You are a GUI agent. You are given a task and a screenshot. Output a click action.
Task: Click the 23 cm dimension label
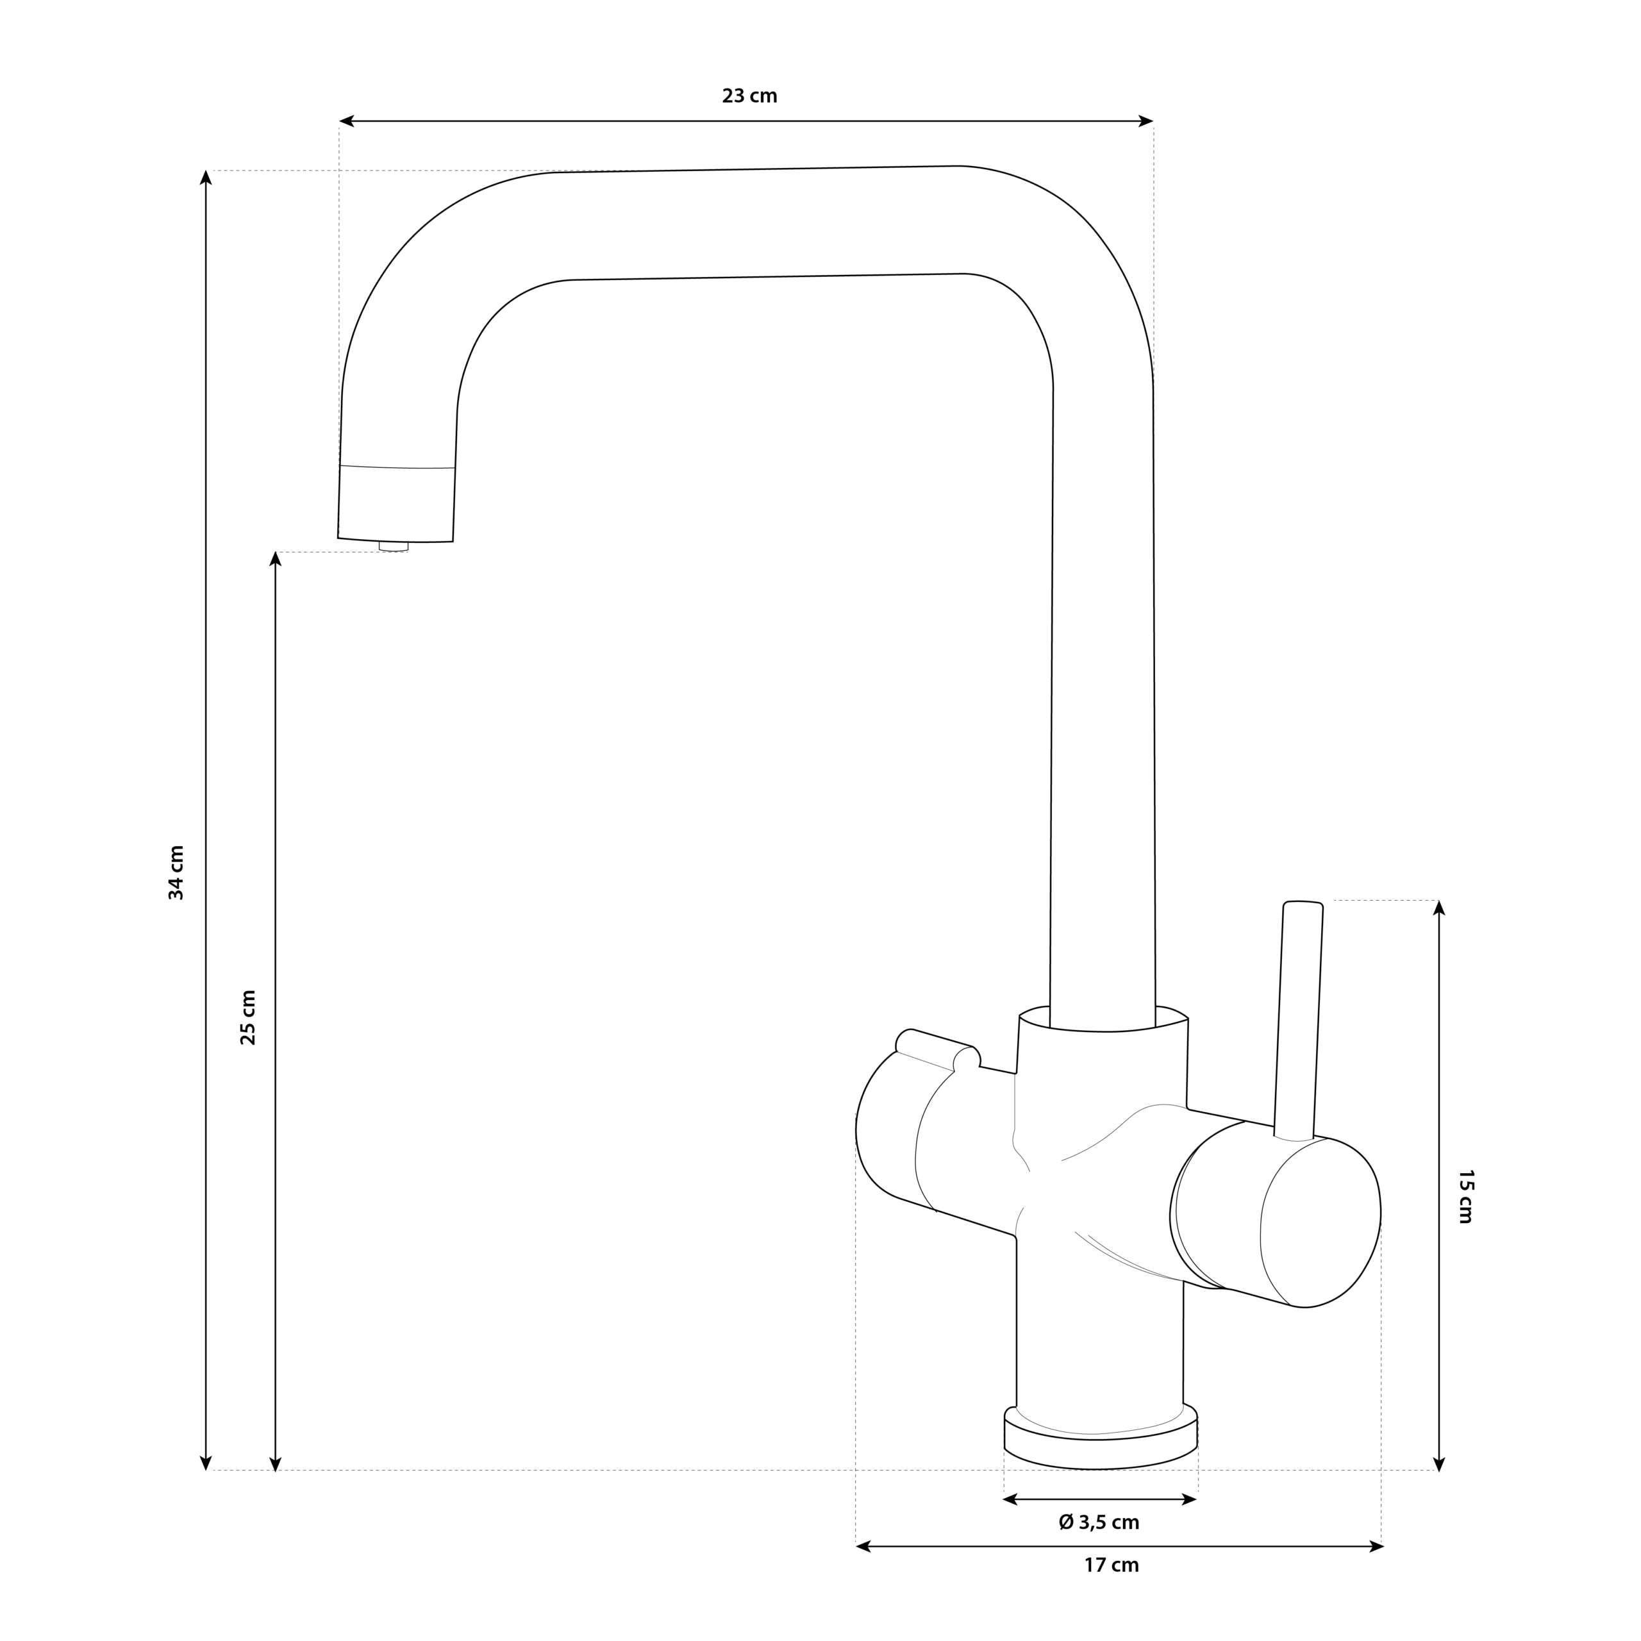tap(749, 96)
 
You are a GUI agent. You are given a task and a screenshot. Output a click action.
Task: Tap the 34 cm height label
tap(176, 872)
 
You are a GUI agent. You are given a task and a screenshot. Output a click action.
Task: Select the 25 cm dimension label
tap(247, 1017)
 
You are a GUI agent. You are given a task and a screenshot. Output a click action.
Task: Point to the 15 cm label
tap(1465, 1196)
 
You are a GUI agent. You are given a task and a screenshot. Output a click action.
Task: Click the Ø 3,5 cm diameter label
tap(1099, 1522)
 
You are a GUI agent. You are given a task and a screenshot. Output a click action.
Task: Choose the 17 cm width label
tap(1111, 1565)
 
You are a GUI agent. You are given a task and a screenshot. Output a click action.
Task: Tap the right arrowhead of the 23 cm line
tap(1145, 121)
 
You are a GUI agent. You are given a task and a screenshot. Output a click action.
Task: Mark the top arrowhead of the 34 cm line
tap(206, 178)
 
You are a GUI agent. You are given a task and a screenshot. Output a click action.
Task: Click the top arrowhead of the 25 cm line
tap(275, 559)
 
